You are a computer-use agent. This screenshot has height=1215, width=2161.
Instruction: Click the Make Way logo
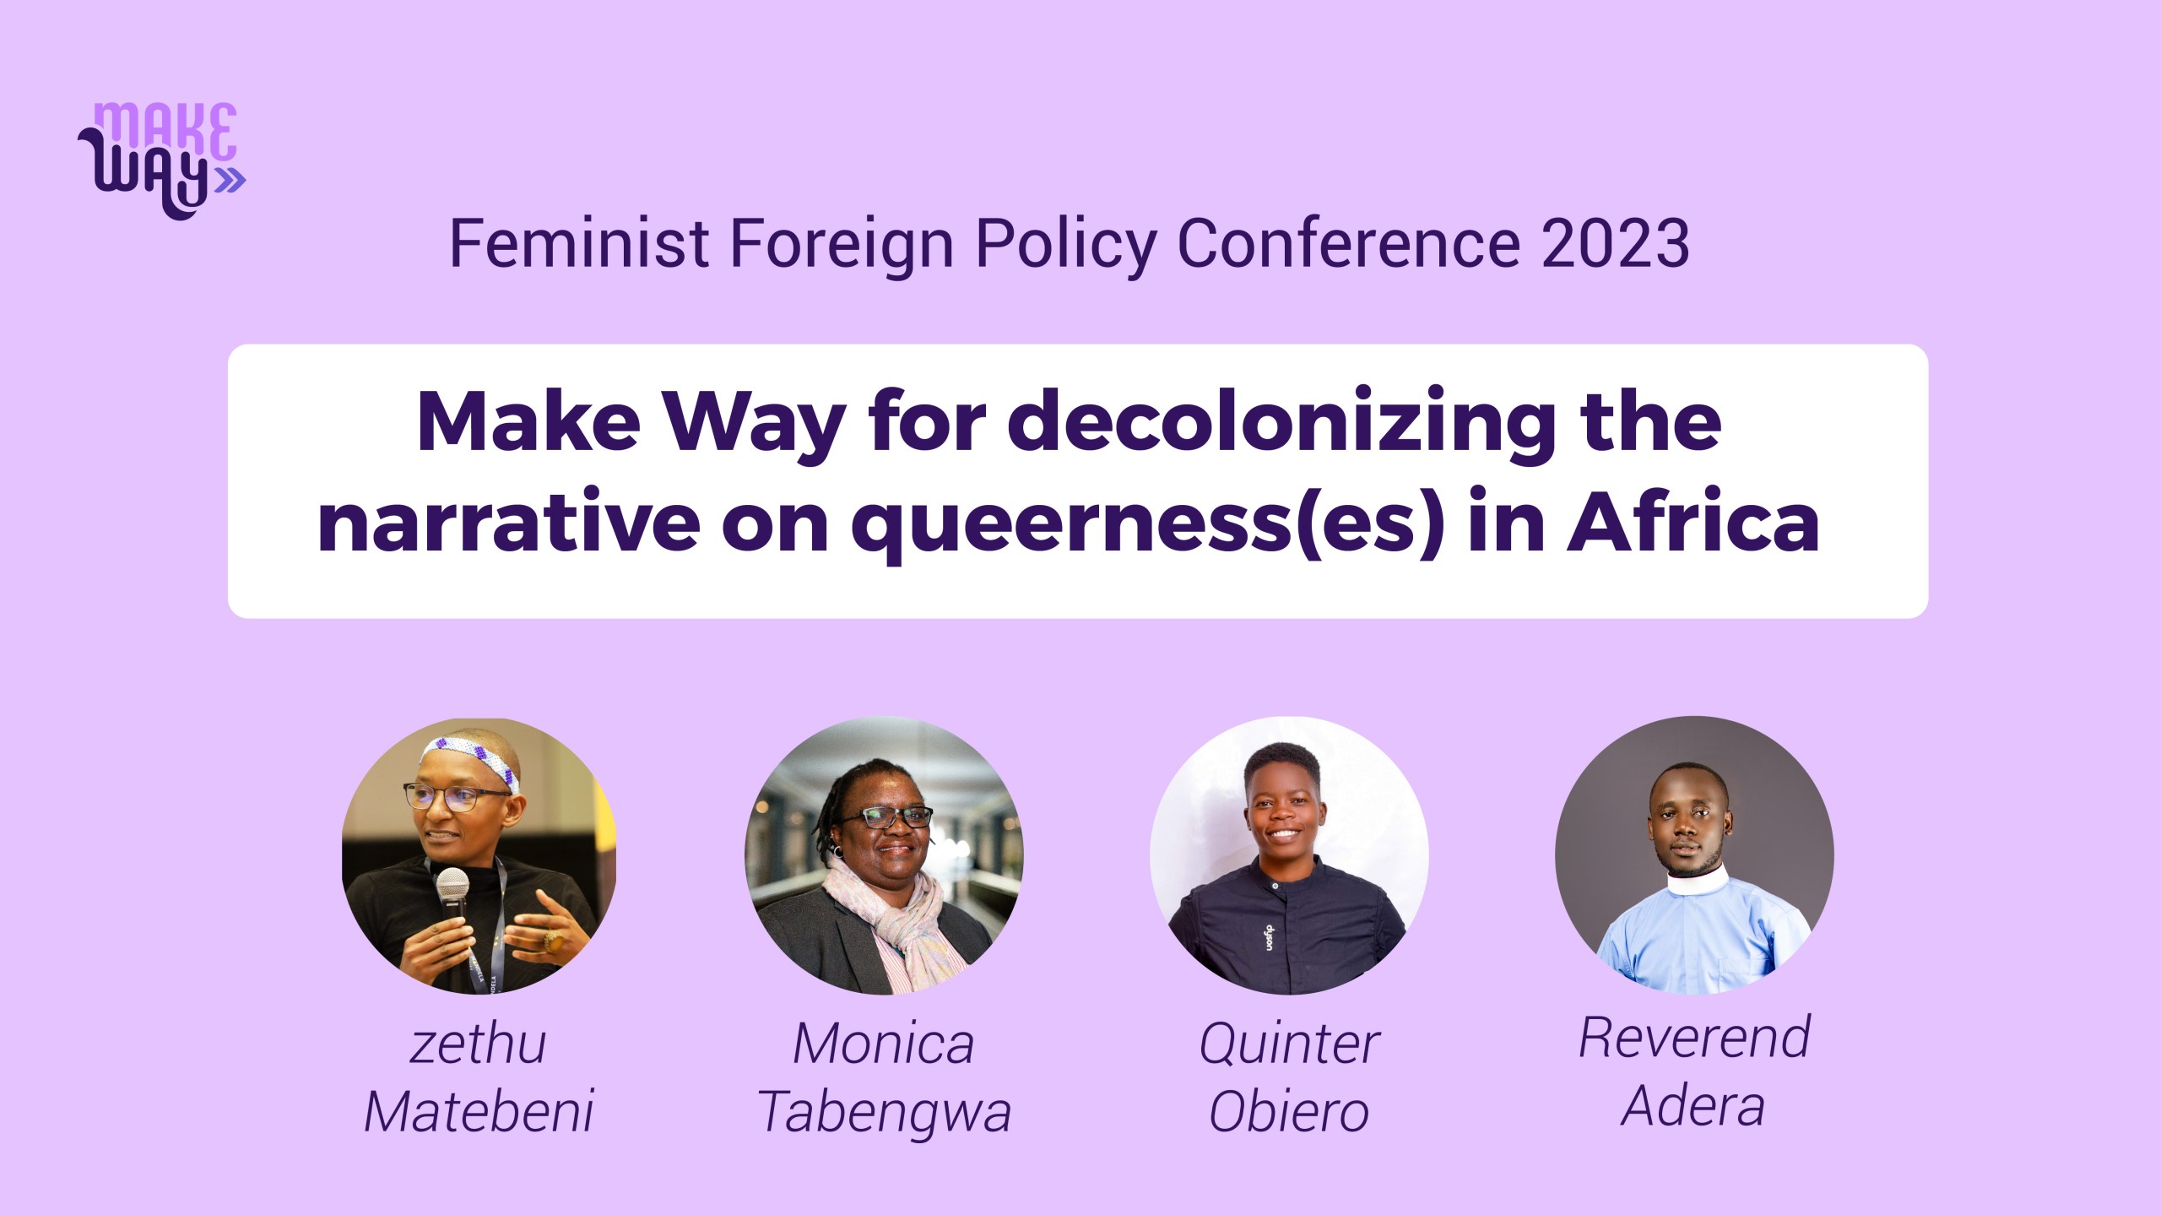[161, 160]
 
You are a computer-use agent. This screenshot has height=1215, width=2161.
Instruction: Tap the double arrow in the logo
[230, 180]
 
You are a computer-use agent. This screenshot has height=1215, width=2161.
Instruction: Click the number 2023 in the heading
[1616, 244]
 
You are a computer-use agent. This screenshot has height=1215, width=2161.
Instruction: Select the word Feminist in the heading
[579, 244]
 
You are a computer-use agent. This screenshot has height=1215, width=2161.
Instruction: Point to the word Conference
[1348, 244]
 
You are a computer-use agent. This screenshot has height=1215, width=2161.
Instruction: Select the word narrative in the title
[509, 524]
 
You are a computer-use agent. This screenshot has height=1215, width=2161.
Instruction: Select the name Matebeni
[479, 1111]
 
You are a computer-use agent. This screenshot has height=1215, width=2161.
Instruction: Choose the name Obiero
[1289, 1111]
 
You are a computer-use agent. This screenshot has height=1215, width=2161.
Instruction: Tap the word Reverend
[1695, 1037]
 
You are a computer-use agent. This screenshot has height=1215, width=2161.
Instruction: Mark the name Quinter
[1289, 1044]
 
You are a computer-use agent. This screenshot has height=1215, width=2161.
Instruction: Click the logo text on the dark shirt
[1269, 936]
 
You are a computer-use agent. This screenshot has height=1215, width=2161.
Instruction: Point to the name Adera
[1693, 1106]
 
